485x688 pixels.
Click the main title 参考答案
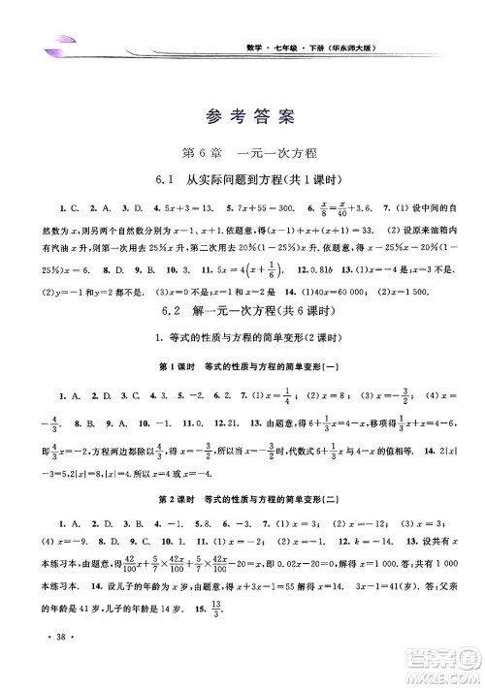(x=242, y=121)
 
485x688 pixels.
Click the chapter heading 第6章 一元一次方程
(x=242, y=153)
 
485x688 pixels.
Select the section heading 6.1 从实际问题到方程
(x=242, y=181)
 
